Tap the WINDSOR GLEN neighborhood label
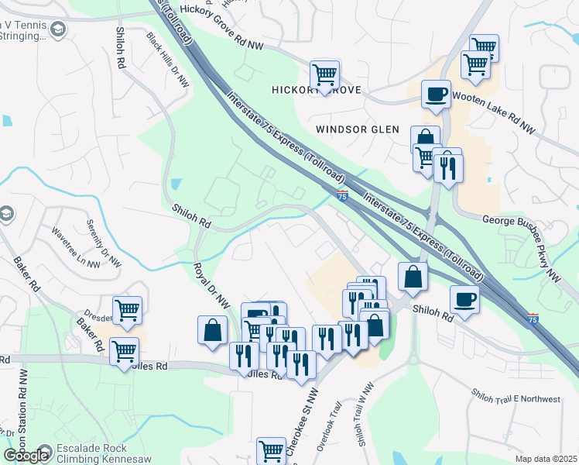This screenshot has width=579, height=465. pyautogui.click(x=358, y=129)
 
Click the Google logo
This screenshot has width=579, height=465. pyautogui.click(x=26, y=456)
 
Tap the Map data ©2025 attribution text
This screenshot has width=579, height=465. pyautogui.click(x=546, y=459)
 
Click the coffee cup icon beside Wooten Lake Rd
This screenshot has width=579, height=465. pyautogui.click(x=436, y=94)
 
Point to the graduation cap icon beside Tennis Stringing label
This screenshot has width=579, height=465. pyautogui.click(x=57, y=29)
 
